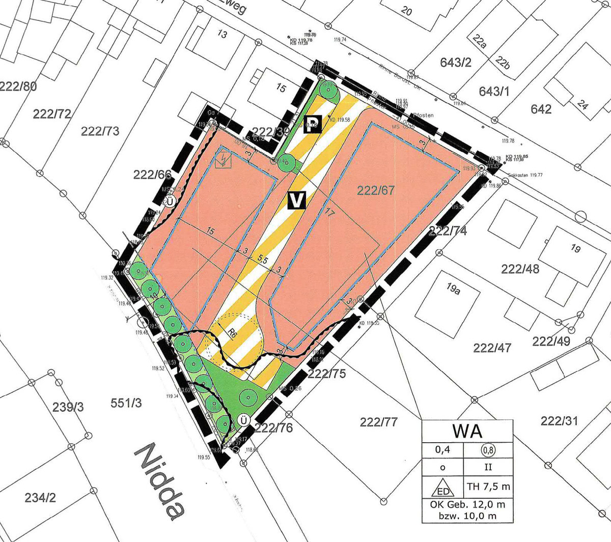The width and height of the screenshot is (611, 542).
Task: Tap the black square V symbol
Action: (x=296, y=200)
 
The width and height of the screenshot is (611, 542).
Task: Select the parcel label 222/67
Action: (x=376, y=190)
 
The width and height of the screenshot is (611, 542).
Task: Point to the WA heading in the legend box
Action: (x=467, y=431)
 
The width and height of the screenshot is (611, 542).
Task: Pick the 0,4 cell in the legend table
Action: (x=442, y=450)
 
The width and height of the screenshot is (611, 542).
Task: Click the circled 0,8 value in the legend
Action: (x=488, y=450)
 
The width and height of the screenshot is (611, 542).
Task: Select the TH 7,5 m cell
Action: (x=488, y=487)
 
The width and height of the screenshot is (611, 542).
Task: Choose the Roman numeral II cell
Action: (x=488, y=467)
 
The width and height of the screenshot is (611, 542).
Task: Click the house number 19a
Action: (x=453, y=290)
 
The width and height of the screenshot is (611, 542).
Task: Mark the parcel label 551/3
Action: (x=126, y=404)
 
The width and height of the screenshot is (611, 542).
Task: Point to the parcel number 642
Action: (x=541, y=109)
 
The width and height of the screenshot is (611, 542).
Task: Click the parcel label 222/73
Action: (x=100, y=131)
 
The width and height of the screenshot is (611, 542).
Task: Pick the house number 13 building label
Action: (x=222, y=35)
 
